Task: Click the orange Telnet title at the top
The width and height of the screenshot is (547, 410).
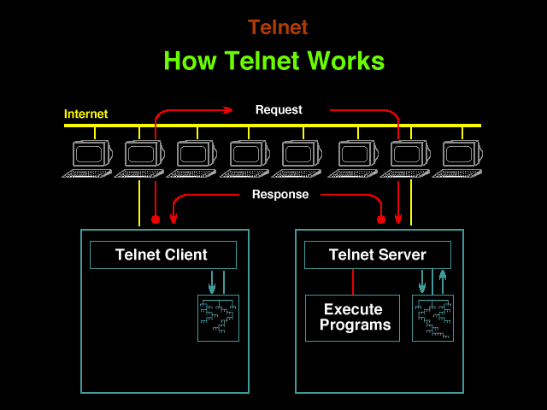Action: click(278, 27)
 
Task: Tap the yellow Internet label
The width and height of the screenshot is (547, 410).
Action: click(85, 114)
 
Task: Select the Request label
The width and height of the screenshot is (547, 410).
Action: click(279, 110)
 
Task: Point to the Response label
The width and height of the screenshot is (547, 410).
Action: click(280, 194)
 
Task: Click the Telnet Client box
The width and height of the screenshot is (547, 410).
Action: click(163, 255)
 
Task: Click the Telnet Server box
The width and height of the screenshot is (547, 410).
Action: click(378, 255)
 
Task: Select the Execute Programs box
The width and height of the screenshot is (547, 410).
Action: click(352, 318)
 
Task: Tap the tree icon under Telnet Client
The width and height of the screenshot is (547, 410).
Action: click(219, 318)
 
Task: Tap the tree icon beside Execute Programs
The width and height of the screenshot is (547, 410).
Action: click(433, 318)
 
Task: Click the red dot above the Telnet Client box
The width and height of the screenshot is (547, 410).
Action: click(156, 220)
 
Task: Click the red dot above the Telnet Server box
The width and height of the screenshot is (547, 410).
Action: click(381, 220)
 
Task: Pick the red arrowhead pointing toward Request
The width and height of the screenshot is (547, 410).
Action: click(228, 110)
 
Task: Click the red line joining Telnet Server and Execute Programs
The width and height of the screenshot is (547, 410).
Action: click(353, 282)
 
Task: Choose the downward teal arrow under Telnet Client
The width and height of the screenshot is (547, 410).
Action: click(212, 282)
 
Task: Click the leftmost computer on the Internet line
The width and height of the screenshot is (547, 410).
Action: click(87, 159)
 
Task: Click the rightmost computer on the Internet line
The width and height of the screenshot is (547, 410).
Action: click(457, 159)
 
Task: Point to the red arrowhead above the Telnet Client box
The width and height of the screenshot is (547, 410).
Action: click(174, 219)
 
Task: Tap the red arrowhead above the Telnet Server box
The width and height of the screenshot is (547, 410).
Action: click(398, 219)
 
